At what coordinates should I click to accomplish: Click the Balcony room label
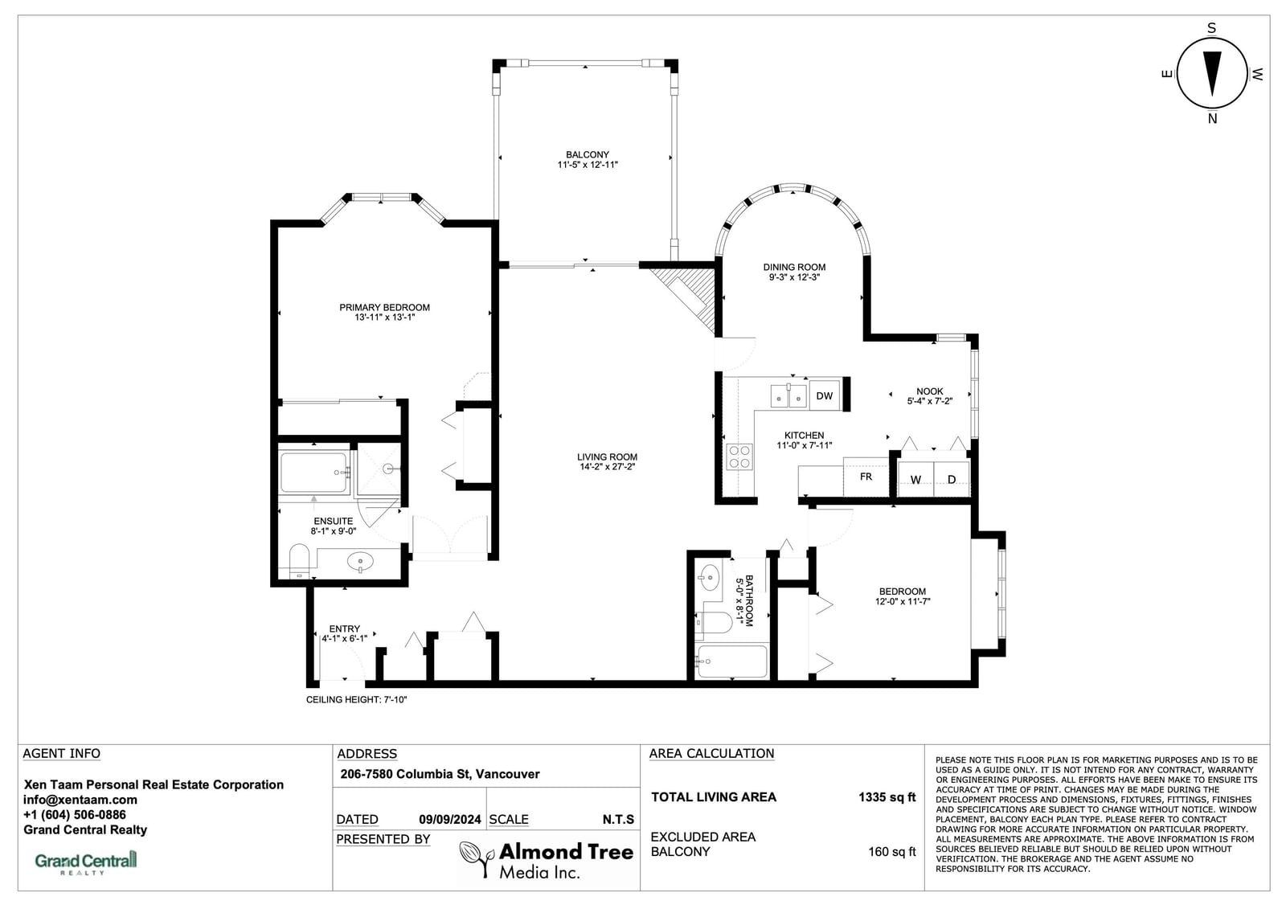coord(588,154)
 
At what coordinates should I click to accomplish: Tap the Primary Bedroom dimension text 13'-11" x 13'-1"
coord(385,317)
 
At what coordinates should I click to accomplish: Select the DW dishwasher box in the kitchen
coord(825,395)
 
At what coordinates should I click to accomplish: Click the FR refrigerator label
coord(866,477)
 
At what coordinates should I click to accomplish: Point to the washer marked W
coord(915,479)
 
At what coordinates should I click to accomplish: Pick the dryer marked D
coord(952,479)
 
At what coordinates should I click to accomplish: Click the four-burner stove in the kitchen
coord(739,457)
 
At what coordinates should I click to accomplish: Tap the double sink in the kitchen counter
coord(788,396)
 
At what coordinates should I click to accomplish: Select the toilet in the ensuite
coord(299,561)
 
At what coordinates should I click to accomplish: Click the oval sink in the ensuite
coord(361,560)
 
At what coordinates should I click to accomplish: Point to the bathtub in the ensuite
coord(314,473)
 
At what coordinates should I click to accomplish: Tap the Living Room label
coord(607,457)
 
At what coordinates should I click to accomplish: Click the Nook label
coord(929,391)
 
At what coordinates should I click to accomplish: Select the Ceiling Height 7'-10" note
coord(357,699)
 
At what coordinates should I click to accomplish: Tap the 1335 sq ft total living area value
coord(887,797)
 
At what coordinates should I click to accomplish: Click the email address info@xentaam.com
coord(80,800)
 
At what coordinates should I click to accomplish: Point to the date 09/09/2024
coord(450,820)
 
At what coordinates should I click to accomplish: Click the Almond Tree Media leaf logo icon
coord(477,858)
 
